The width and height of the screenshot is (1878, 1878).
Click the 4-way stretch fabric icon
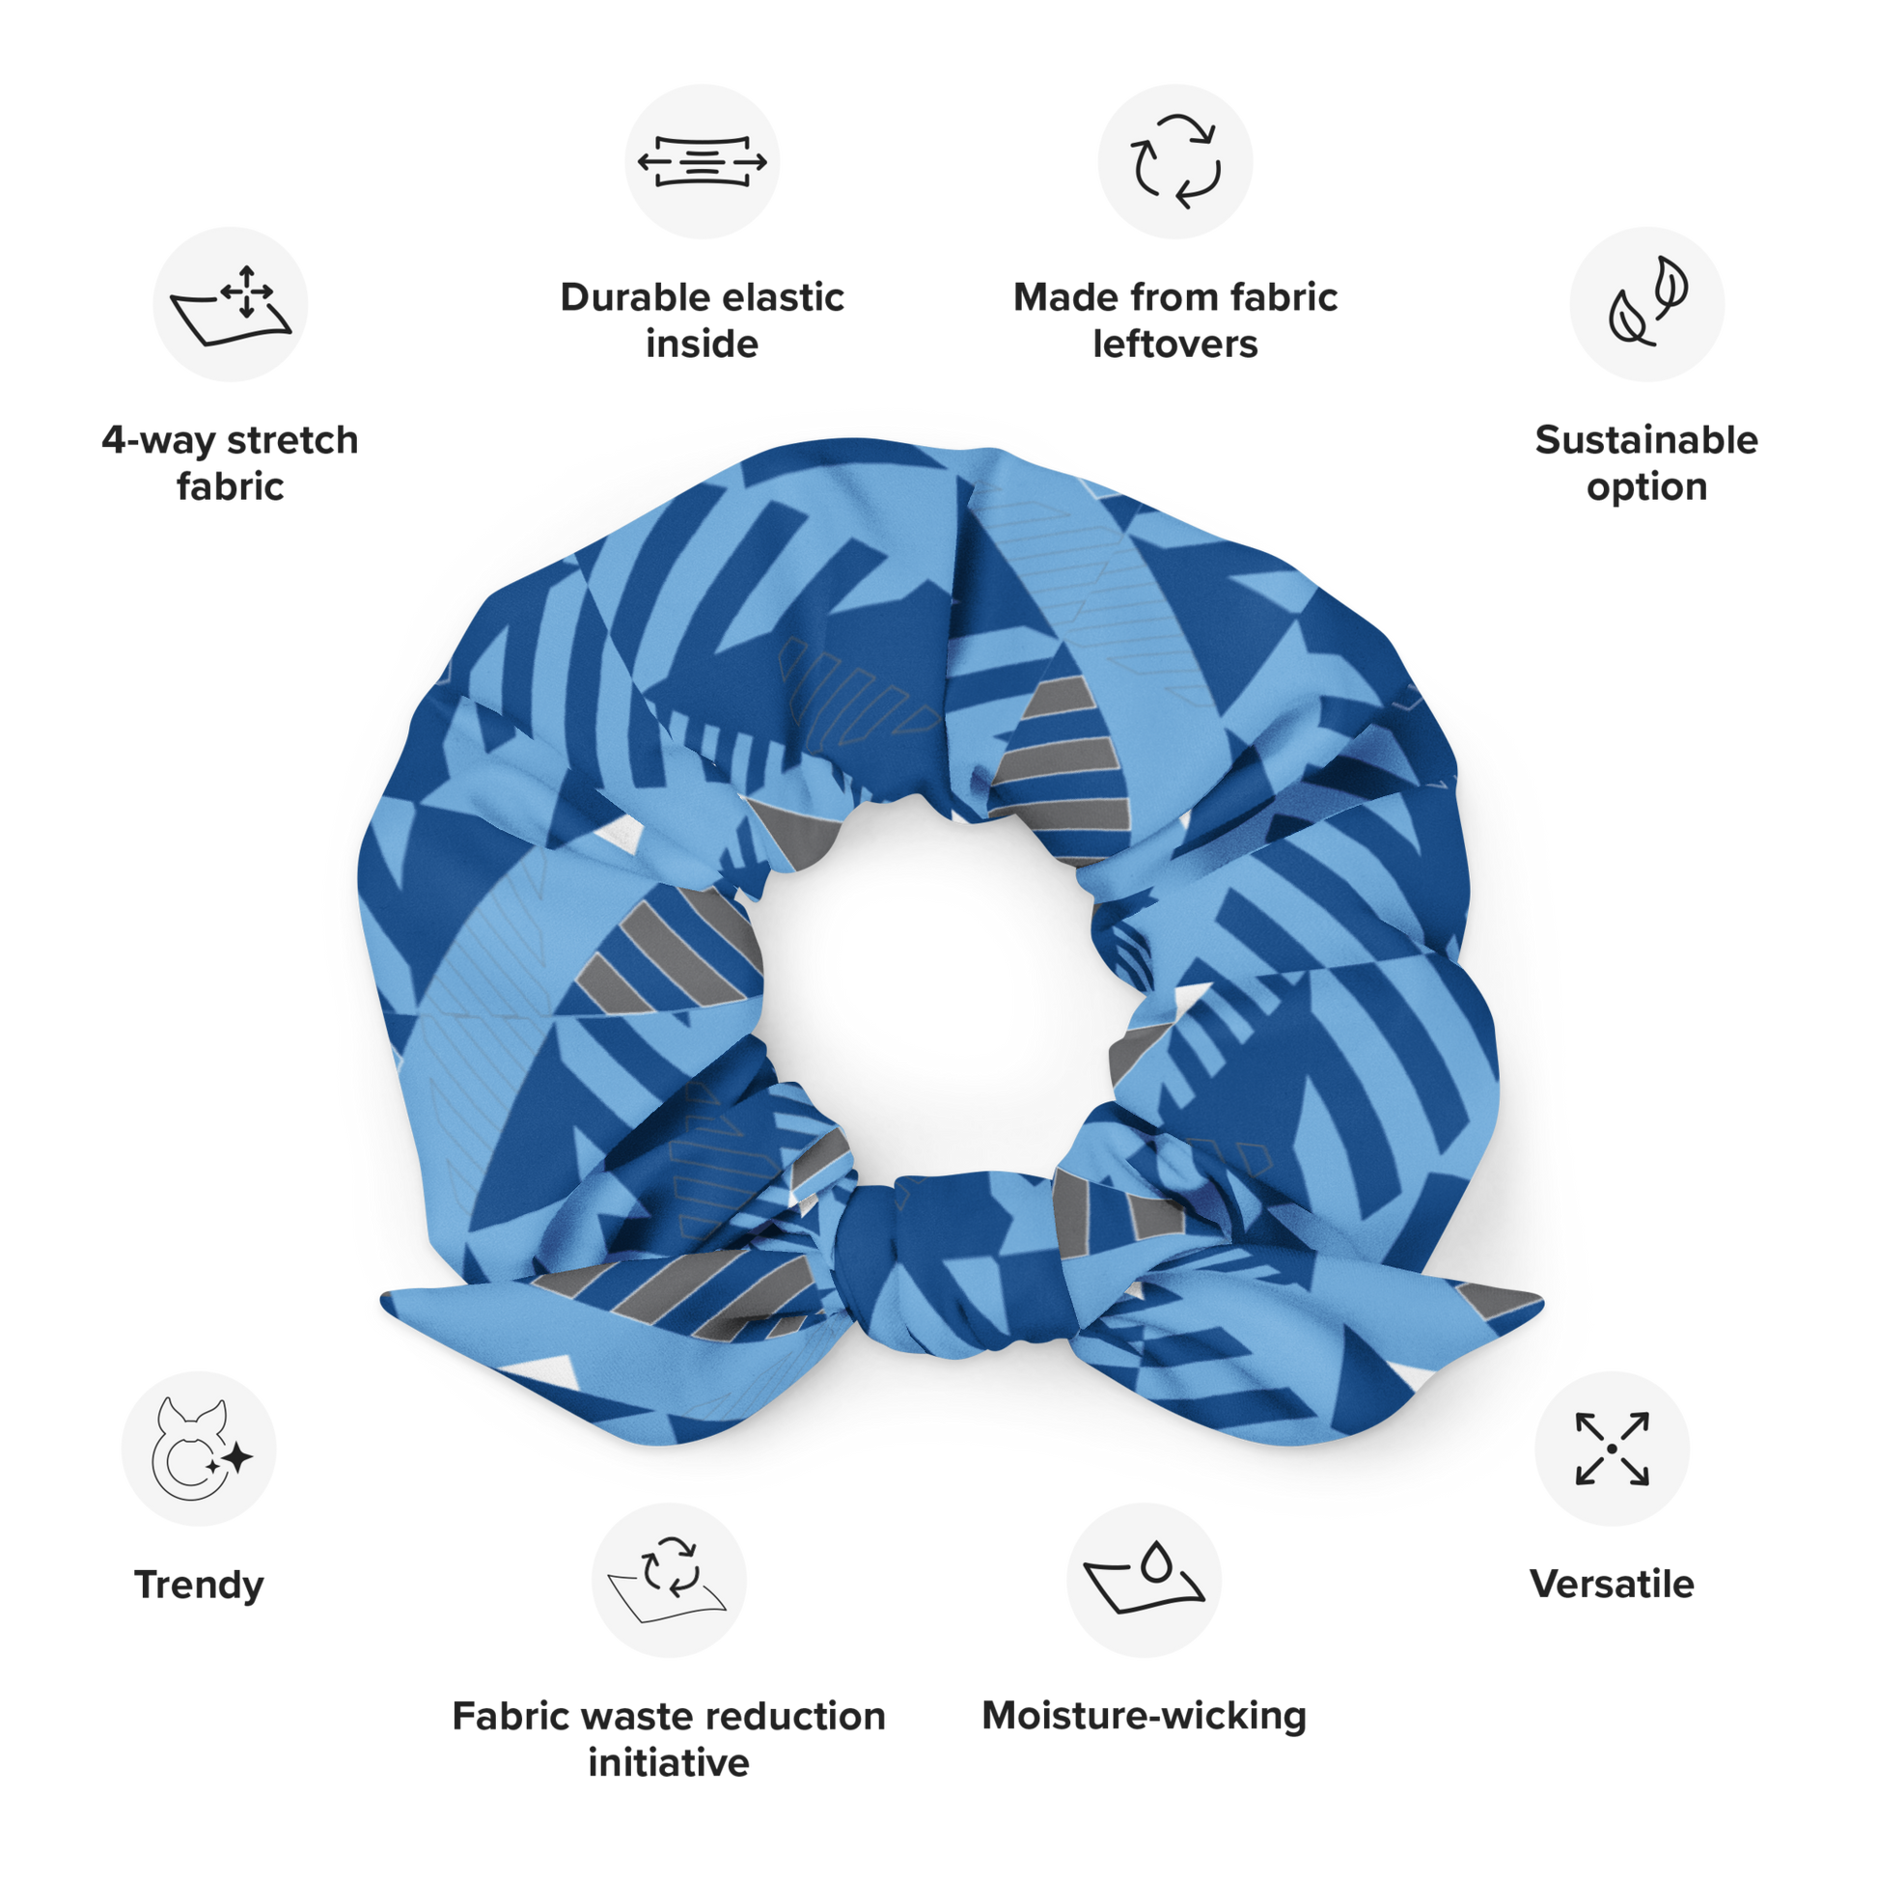(231, 304)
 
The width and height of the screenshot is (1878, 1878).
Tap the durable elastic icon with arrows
(702, 161)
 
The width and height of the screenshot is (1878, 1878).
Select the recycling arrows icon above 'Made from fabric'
(1175, 161)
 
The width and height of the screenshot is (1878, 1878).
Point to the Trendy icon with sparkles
(199, 1449)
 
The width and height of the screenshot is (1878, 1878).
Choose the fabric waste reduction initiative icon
(669, 1580)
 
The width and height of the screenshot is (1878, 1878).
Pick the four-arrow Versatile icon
(1613, 1449)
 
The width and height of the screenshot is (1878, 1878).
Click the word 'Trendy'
(199, 1586)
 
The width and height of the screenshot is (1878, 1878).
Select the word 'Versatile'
(1613, 1585)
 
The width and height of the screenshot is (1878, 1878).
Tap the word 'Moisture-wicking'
(1145, 1716)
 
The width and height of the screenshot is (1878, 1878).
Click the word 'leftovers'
(1175, 345)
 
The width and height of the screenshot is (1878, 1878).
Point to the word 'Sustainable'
(1646, 440)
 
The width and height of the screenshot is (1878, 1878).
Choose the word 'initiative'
(669, 1762)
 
